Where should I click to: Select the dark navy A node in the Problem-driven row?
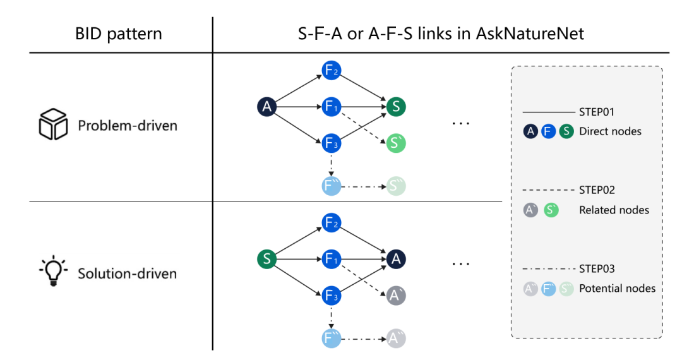tap(267, 107)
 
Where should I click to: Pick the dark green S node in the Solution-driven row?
tap(267, 258)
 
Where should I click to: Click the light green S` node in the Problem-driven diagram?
tap(396, 143)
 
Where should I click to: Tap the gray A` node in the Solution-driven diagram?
tap(396, 295)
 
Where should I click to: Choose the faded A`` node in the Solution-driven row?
tap(396, 339)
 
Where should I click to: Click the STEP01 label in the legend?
tap(597, 112)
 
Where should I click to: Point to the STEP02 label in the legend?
tap(597, 189)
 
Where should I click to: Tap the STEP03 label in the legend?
tap(597, 268)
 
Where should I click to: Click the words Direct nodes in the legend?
tap(610, 131)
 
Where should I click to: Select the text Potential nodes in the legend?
tap(617, 288)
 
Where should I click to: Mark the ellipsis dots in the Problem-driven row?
tap(461, 124)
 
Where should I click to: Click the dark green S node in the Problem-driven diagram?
tap(396, 107)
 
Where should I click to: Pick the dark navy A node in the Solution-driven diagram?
tap(396, 258)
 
